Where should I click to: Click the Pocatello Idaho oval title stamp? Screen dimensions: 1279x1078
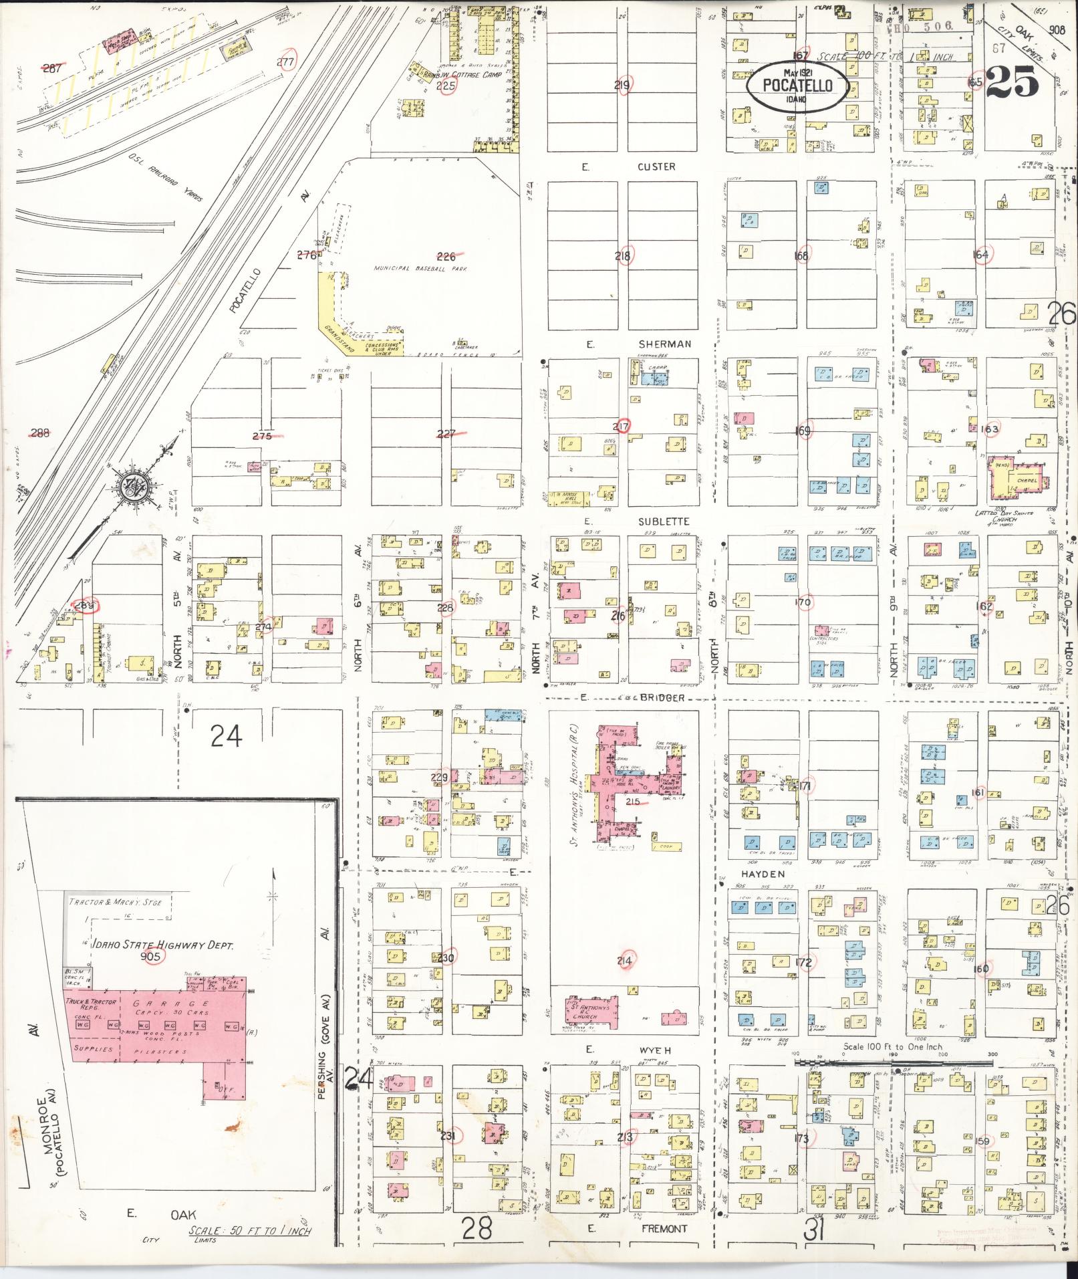tap(797, 86)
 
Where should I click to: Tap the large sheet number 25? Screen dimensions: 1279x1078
tap(1013, 82)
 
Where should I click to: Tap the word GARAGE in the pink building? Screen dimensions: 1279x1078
tap(156, 1004)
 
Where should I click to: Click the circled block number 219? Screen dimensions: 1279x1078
tap(623, 86)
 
